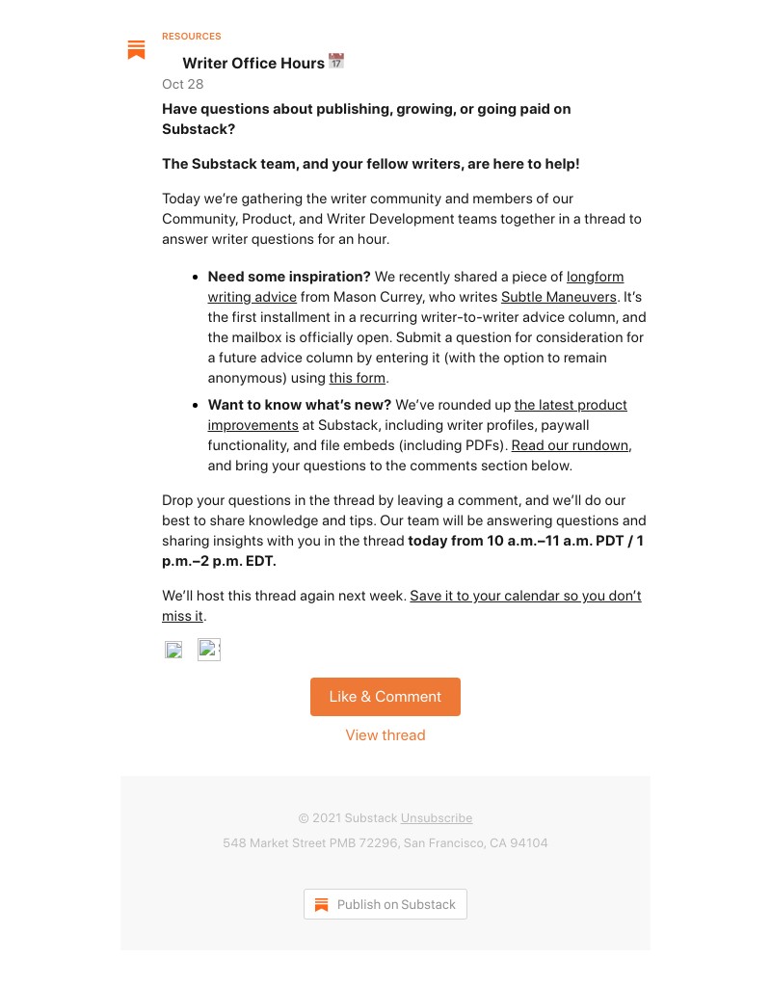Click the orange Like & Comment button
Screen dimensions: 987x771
tap(385, 697)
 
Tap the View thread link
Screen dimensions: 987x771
tap(385, 735)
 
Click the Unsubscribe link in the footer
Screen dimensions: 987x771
tap(437, 818)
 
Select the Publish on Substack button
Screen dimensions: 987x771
tap(385, 904)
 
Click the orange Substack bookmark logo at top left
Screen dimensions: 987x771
tap(136, 50)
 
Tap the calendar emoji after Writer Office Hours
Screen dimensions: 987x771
tap(336, 62)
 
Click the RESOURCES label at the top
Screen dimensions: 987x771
tap(192, 37)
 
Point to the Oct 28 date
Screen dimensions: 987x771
tap(183, 84)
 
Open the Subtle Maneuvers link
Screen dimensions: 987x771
tap(558, 297)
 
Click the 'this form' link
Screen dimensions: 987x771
tap(358, 378)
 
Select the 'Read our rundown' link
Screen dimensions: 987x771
tap(571, 445)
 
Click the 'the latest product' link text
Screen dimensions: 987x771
tap(571, 405)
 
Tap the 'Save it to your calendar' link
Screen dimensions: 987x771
tap(525, 596)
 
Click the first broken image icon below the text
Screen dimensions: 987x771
tap(174, 650)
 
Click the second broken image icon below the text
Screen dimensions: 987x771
tap(208, 650)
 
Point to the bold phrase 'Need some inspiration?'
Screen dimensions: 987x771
tap(289, 277)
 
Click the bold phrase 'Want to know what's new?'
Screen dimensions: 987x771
tap(300, 405)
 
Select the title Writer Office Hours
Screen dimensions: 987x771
tap(253, 64)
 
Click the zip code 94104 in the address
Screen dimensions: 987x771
tap(529, 843)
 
